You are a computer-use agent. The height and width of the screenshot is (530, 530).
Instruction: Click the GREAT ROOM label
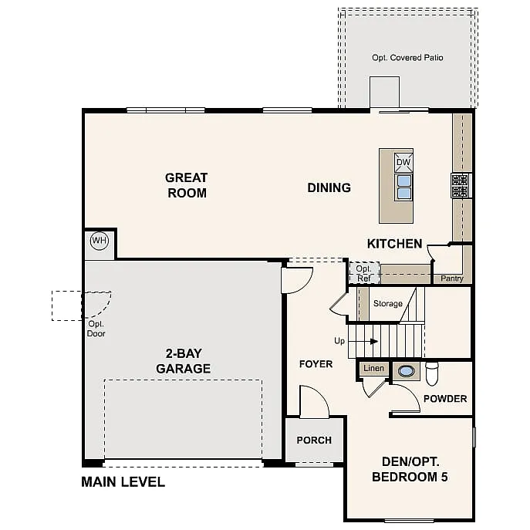[187, 185]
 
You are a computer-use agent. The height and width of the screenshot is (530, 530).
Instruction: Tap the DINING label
[329, 187]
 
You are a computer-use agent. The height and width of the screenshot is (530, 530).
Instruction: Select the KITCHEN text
[394, 244]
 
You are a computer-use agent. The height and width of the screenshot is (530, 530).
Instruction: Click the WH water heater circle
[100, 241]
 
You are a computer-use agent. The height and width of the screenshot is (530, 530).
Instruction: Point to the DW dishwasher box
[403, 162]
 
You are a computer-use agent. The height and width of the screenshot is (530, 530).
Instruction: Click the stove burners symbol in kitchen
[461, 185]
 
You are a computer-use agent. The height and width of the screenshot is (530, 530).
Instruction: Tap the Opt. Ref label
[363, 273]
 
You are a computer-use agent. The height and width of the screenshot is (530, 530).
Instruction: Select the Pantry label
[451, 279]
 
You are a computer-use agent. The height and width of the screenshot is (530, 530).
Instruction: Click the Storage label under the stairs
[387, 304]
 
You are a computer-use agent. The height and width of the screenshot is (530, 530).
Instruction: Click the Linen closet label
[373, 369]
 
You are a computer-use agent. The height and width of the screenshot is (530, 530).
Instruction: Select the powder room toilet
[431, 373]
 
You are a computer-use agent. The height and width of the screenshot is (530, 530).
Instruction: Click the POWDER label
[444, 399]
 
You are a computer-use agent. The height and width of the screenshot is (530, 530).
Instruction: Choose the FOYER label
[316, 363]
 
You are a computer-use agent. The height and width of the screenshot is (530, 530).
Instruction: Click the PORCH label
[314, 440]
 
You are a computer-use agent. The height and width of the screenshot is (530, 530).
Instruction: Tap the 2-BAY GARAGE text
[183, 361]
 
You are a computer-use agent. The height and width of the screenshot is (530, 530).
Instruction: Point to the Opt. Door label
[96, 329]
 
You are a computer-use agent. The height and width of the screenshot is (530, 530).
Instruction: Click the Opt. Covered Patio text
[407, 58]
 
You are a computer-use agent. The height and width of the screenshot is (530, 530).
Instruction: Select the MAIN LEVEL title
[123, 482]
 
